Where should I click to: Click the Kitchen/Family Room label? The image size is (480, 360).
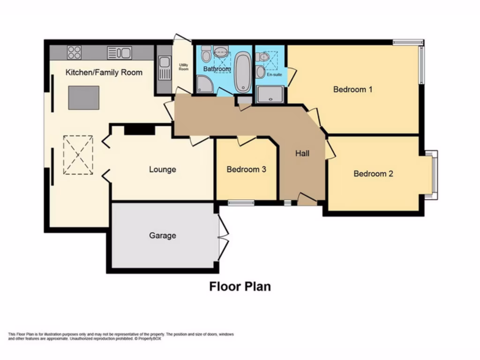tap(104, 72)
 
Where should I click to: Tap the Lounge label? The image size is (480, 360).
tap(163, 169)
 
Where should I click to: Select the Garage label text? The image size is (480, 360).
tap(163, 235)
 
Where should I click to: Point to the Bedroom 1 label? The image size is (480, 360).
tap(352, 89)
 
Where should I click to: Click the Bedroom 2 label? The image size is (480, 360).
tap(373, 173)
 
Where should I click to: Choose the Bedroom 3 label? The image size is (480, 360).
tap(246, 169)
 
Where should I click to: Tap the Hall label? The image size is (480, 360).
tap(302, 153)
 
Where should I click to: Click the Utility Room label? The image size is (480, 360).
tap(183, 67)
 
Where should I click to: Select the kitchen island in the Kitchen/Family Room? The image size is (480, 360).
tap(83, 97)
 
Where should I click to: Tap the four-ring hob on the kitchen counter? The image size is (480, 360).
tap(74, 52)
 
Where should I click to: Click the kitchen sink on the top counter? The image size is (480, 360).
tap(119, 52)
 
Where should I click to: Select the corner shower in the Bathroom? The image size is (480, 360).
tap(204, 84)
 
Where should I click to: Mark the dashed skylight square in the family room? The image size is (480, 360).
tap(78, 155)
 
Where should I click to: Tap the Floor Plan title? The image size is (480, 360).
tap(240, 286)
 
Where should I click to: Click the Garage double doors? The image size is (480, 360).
tap(223, 236)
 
